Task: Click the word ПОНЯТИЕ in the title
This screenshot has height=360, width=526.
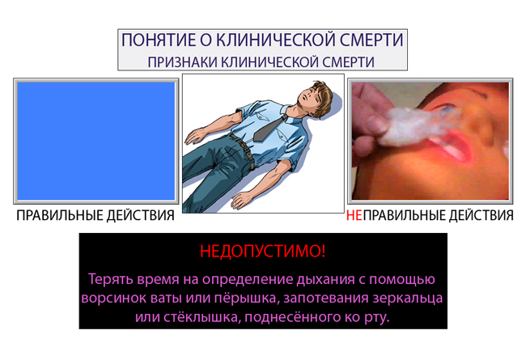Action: point(159,40)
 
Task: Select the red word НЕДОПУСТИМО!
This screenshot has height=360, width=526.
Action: point(263,251)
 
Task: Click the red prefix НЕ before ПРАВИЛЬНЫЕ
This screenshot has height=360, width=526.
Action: point(354,215)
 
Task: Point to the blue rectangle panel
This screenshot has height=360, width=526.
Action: point(96,141)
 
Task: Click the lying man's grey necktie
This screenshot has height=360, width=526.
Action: point(269,129)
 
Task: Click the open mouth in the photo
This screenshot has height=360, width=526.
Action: point(452,147)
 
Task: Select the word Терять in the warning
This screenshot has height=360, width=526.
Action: point(110,279)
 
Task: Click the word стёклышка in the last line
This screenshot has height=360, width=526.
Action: point(202,317)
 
